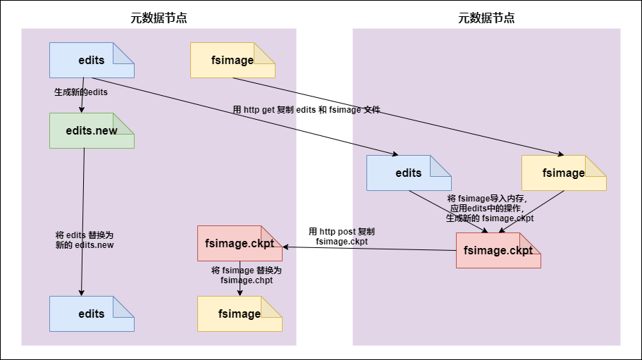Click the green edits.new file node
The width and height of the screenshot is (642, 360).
92,131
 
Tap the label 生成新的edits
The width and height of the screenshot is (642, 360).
81,92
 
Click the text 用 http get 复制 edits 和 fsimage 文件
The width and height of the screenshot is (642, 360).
307,110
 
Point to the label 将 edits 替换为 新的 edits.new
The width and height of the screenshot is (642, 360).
85,240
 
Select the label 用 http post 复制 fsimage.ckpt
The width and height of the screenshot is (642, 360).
342,236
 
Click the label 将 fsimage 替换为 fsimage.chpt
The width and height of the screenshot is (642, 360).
246,275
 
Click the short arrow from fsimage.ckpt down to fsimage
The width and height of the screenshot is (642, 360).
240,282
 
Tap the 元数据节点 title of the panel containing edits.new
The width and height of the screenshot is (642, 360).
159,18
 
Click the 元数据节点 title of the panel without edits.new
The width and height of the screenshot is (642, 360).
486,18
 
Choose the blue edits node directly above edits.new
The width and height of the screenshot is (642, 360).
92,60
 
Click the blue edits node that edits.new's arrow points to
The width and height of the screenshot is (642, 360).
92,314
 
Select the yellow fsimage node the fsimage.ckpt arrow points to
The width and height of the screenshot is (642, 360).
240,314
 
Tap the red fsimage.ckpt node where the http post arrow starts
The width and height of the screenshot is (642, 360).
498,250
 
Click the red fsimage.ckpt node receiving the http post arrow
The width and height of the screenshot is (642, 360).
240,243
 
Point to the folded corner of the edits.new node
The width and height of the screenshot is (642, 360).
127,120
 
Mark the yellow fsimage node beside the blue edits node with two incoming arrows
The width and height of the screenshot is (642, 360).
564,173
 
